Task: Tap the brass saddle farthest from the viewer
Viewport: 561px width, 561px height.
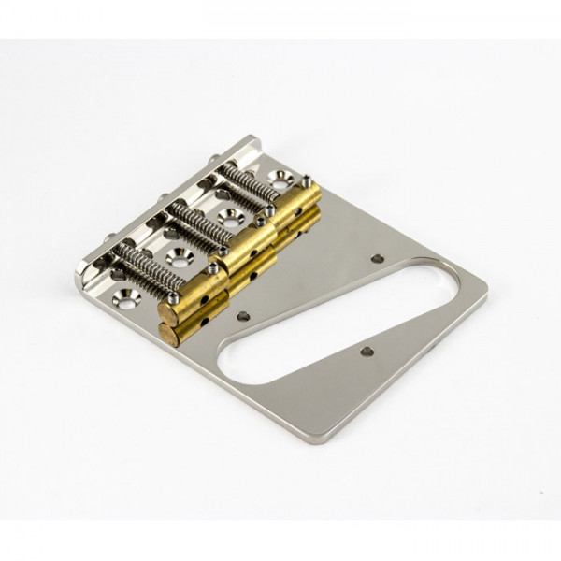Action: click(x=297, y=202)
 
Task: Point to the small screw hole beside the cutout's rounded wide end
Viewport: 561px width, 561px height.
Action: click(x=377, y=258)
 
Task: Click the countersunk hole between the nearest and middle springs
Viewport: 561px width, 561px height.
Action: click(x=175, y=254)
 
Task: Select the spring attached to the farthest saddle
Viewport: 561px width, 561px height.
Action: click(x=251, y=182)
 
